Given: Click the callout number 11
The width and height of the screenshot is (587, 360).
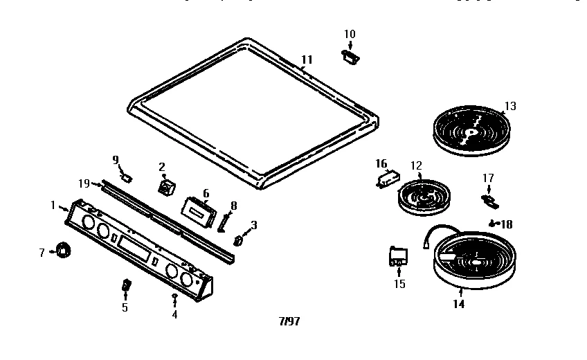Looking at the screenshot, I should (307, 60).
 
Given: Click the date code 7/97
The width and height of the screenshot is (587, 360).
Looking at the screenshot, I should (289, 322).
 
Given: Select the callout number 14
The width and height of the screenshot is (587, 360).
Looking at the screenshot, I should (458, 303).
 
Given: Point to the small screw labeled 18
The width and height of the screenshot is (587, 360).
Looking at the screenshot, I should (491, 224).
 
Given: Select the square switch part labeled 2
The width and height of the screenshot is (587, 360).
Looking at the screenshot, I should (167, 188).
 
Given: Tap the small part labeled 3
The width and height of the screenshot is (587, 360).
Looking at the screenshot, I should (239, 241).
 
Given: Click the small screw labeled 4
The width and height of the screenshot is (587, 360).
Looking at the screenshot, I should (174, 297).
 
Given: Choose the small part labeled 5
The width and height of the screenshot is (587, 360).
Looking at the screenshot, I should (126, 285).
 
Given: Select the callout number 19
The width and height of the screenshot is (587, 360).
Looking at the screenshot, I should (84, 183).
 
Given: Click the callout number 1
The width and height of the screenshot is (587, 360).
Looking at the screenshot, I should (53, 204).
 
